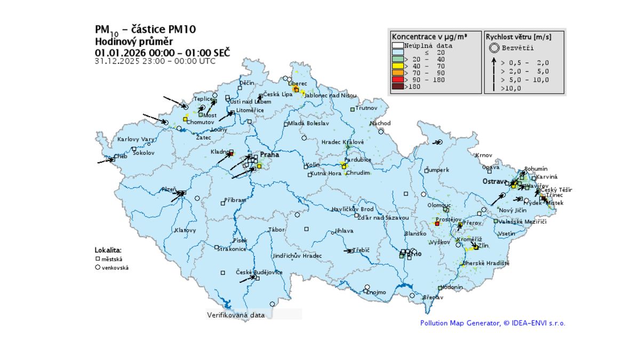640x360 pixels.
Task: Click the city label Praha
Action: point(269,155)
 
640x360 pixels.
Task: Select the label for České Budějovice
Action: point(259,273)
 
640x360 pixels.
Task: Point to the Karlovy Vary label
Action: point(135,139)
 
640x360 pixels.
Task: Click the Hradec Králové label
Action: point(342,142)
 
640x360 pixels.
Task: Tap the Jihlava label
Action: point(344,231)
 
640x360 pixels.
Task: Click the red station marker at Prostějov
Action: point(437,224)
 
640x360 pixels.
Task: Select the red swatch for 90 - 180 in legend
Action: point(397,79)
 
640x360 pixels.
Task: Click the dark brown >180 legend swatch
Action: point(397,86)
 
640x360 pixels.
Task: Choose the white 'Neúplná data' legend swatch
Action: point(397,45)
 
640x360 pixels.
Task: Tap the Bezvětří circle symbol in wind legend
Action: point(494,48)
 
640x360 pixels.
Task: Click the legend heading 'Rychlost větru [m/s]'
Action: point(518,37)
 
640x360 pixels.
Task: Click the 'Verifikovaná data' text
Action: point(236,315)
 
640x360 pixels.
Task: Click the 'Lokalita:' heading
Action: point(108,250)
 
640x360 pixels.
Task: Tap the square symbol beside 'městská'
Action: point(98,259)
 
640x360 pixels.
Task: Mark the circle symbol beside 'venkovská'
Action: point(98,267)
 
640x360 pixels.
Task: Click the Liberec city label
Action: point(298,84)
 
